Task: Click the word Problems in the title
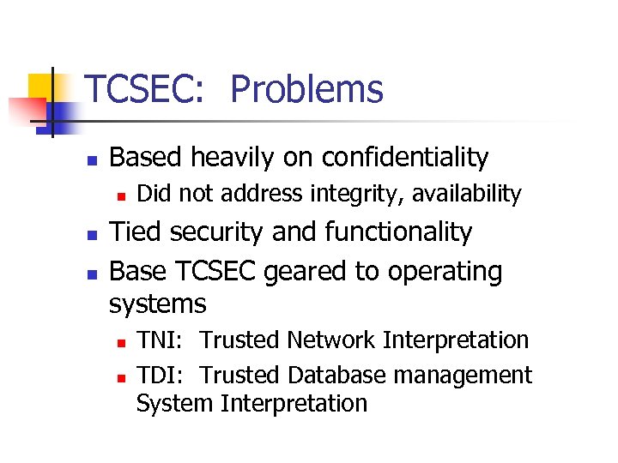point(306,89)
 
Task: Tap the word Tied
point(136,232)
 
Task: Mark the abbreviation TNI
point(158,340)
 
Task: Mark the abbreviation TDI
point(160,376)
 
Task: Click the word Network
point(331,340)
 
